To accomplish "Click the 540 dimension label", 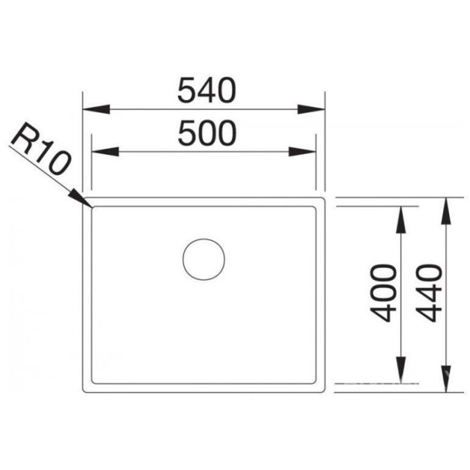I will click(207, 91).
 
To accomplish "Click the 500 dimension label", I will click(207, 134).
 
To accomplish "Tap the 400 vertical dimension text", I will click(384, 293).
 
